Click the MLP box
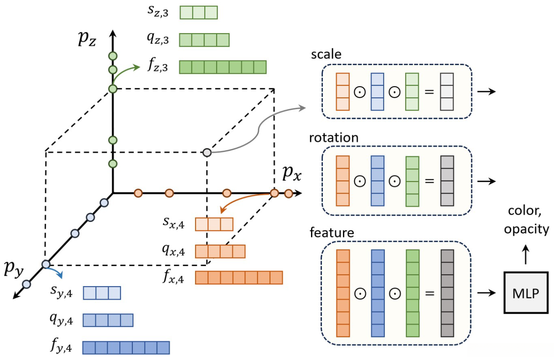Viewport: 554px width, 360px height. click(x=526, y=292)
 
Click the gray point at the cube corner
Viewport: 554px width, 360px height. click(x=206, y=153)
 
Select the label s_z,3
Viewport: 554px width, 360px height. click(x=158, y=13)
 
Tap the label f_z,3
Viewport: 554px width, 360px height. click(x=158, y=68)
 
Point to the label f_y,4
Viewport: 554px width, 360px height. click(x=61, y=348)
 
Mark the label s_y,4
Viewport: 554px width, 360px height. click(x=61, y=292)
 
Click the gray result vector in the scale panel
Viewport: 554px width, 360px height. click(x=447, y=92)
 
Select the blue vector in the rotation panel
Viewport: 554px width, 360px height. click(x=377, y=181)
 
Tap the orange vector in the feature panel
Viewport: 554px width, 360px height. click(x=343, y=293)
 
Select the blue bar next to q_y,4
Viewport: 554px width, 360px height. click(x=108, y=320)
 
